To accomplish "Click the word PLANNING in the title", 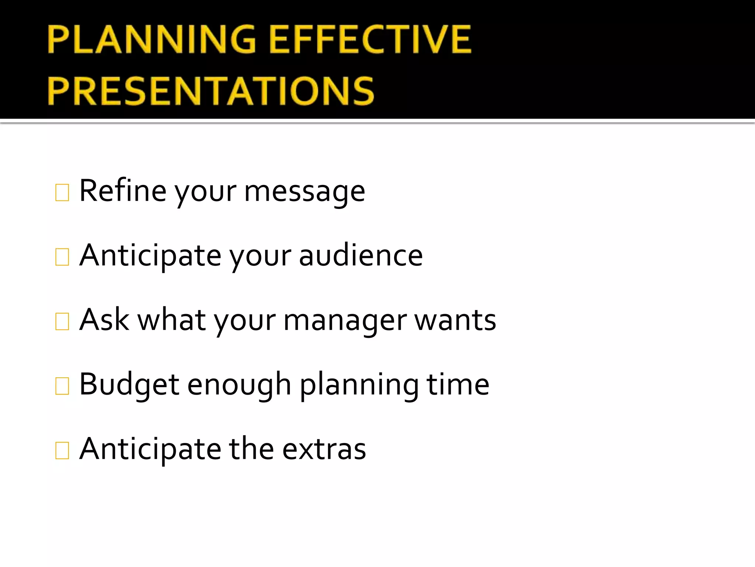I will pos(152,39).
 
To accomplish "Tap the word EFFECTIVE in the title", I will pos(370,39).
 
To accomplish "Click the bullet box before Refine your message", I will pos(62,192).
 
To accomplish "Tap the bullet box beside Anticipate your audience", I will pos(62,257).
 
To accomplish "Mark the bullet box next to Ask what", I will pos(62,321).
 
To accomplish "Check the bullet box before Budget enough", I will pos(62,386).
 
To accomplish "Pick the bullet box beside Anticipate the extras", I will pos(62,450).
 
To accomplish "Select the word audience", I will pos(361,255).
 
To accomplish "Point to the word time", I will pos(457,384).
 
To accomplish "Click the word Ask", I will pos(104,320).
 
